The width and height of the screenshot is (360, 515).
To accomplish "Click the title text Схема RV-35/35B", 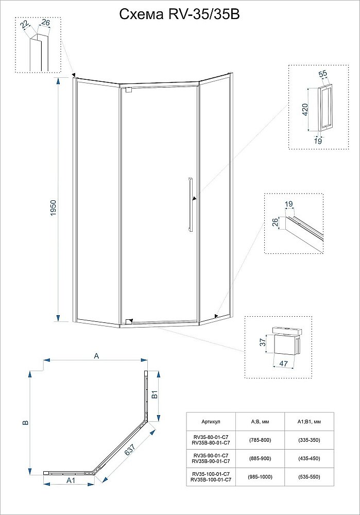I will point(179,14).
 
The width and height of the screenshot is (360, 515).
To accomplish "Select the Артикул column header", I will point(210,421).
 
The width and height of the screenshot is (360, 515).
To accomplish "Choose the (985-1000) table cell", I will point(260,477).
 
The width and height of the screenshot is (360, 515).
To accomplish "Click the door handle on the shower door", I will point(190,204).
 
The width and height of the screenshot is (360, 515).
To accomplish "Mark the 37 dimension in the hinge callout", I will point(262,342).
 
